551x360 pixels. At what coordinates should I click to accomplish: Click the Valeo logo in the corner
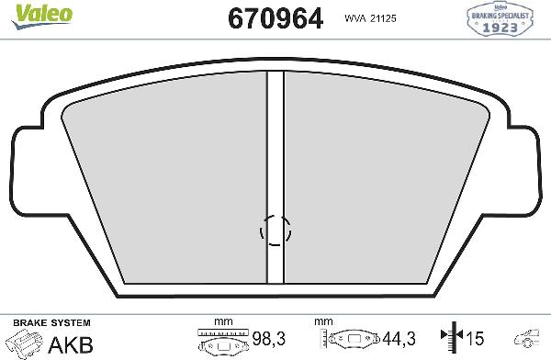42,17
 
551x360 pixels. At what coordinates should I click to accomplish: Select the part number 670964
275,18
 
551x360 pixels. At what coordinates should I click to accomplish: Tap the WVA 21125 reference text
370,18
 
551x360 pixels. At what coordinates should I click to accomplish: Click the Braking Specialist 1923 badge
500,19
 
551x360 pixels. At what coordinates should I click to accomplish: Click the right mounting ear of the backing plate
523,171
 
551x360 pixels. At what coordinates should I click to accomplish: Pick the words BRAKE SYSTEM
51,322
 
